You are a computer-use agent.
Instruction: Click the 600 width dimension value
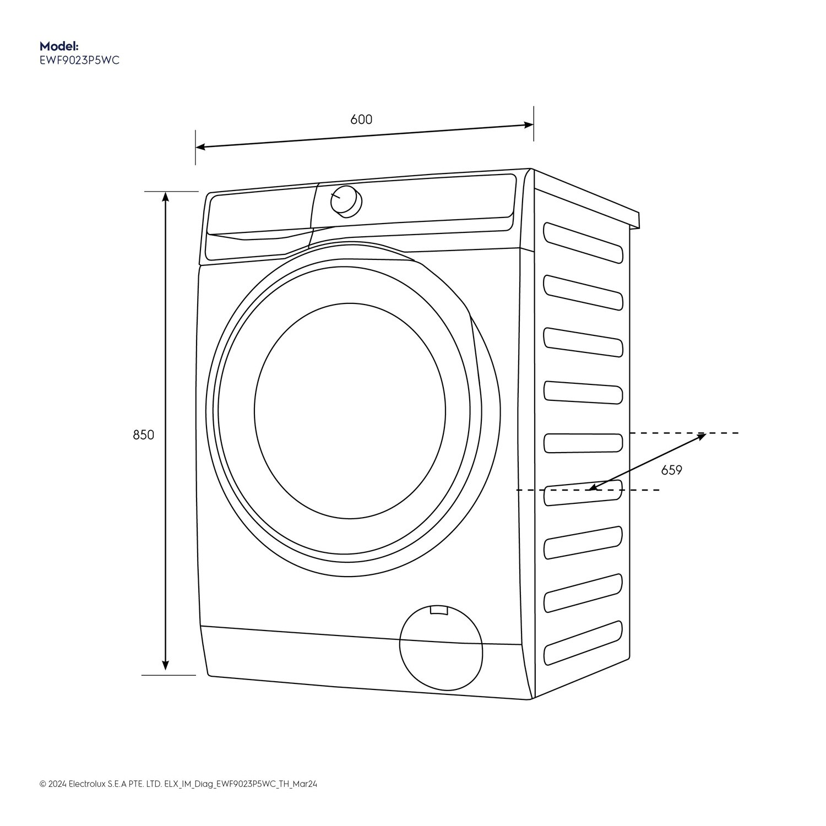(361, 119)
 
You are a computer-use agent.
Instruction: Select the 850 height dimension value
(144, 435)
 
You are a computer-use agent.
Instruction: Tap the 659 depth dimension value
(671, 470)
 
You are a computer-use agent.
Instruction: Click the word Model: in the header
(59, 46)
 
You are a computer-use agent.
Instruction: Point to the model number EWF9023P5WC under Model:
(79, 61)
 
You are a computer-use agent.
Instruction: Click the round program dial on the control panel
(346, 201)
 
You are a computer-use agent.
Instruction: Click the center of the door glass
(350, 410)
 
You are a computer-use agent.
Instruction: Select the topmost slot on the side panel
(583, 242)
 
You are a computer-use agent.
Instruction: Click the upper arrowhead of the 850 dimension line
(165, 197)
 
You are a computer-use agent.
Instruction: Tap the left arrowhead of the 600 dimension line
(201, 147)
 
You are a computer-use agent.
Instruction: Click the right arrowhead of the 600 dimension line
(529, 125)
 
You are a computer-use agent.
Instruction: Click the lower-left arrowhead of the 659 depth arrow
(590, 487)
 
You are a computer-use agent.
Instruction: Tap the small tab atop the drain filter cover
(439, 610)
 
